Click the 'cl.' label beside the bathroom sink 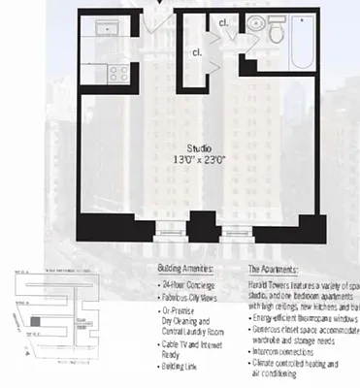[224, 21]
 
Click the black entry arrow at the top [159, 5]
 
